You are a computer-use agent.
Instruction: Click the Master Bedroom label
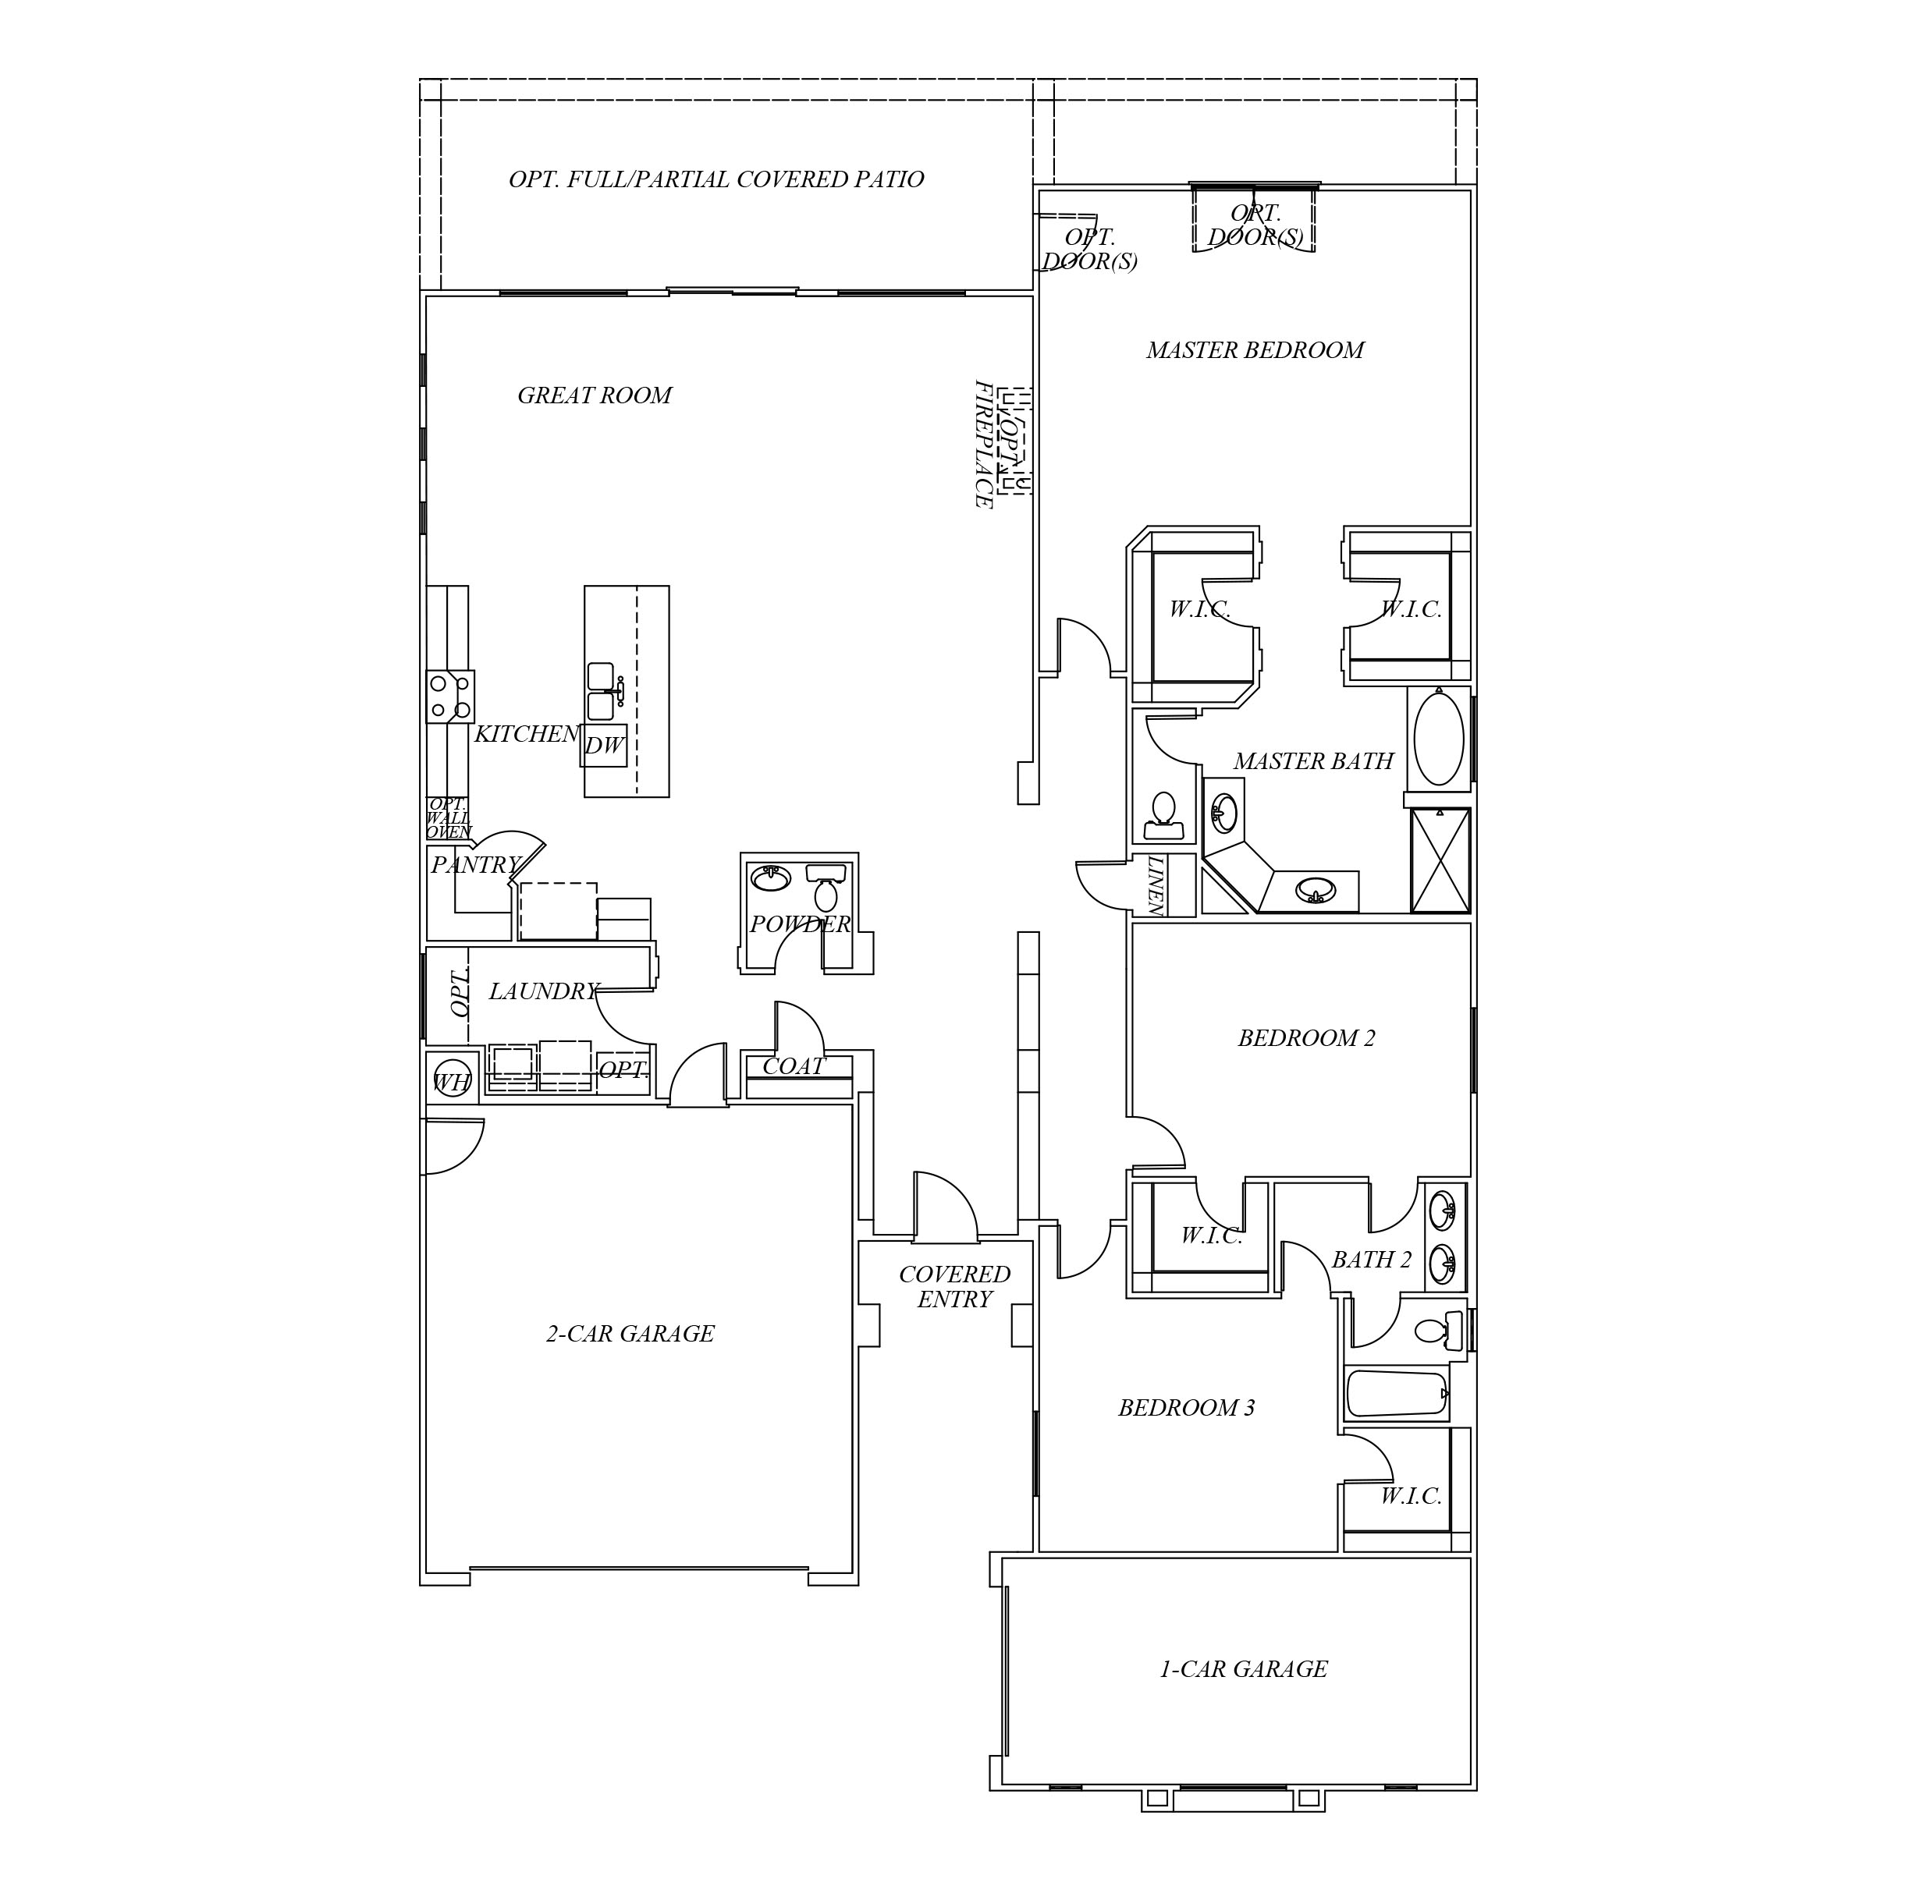click(1255, 350)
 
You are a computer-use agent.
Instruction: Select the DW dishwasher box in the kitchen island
click(604, 745)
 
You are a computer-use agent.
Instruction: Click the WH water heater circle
click(452, 1082)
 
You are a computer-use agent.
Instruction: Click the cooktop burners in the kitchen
click(449, 696)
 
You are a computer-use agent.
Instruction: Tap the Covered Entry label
click(953, 1287)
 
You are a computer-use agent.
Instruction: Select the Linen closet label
click(1156, 885)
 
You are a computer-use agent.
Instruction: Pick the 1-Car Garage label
click(1243, 1669)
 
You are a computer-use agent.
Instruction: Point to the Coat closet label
click(793, 1066)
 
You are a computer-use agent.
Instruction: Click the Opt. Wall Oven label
click(447, 818)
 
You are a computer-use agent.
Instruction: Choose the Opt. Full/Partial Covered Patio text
click(716, 179)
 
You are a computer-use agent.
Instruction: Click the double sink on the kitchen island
click(601, 691)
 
